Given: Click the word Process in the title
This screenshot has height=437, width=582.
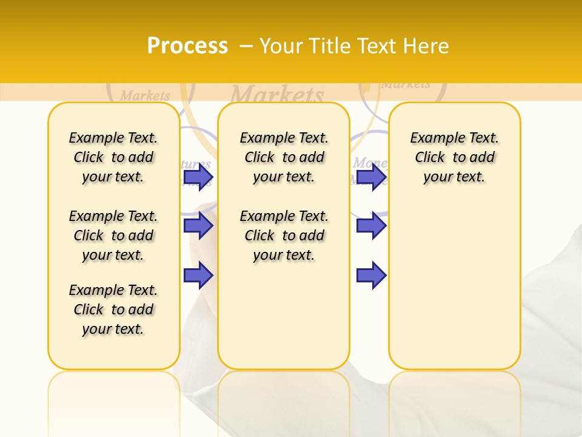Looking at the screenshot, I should pyautogui.click(x=187, y=46).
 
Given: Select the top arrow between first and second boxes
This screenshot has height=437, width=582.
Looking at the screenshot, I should pyautogui.click(x=198, y=177).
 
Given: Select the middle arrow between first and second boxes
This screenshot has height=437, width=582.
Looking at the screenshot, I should pyautogui.click(x=198, y=226).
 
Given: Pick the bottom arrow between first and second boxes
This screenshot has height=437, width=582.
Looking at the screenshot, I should pyautogui.click(x=198, y=275).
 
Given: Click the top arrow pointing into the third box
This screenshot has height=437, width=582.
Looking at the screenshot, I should pyautogui.click(x=371, y=177).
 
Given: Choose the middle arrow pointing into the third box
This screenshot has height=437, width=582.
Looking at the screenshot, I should pyautogui.click(x=371, y=226).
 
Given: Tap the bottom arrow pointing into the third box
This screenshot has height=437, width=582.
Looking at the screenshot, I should pyautogui.click(x=371, y=275).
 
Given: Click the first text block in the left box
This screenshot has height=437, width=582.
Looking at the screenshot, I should pyautogui.click(x=113, y=157).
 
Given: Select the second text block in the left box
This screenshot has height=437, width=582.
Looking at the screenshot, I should pyautogui.click(x=113, y=235).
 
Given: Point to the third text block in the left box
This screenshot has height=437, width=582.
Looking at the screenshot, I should pyautogui.click(x=113, y=310).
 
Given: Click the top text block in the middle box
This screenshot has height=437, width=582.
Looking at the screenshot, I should pyautogui.click(x=284, y=157).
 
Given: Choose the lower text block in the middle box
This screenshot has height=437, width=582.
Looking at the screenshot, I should pyautogui.click(x=284, y=235).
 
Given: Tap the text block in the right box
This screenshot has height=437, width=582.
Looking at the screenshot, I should pyautogui.click(x=455, y=157).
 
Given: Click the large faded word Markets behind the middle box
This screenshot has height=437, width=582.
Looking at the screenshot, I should pyautogui.click(x=278, y=94).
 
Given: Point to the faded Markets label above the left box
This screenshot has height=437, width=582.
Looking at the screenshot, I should pyautogui.click(x=145, y=95).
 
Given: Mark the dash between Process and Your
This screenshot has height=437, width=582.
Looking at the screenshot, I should pyautogui.click(x=246, y=46).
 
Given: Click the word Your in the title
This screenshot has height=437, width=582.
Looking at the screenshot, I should pyautogui.click(x=283, y=46).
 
